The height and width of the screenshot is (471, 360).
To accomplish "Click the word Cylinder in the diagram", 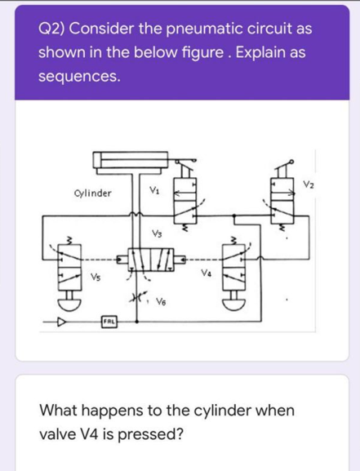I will pos(91,193).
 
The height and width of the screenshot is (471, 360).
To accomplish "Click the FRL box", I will pos(107,323).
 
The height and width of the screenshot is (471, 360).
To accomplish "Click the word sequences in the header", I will pos(79,78).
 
